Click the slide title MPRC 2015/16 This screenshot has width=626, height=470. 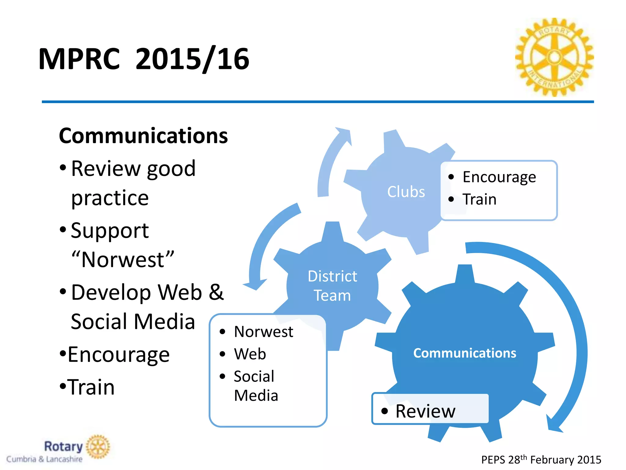tap(144, 59)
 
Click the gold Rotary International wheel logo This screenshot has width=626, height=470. tap(554, 57)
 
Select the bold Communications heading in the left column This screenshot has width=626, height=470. tap(143, 136)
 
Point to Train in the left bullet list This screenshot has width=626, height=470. tap(91, 387)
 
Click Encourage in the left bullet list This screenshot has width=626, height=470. tap(118, 354)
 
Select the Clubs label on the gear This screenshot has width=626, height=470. tap(406, 192)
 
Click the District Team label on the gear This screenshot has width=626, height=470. tap(332, 286)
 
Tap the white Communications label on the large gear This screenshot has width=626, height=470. tap(465, 353)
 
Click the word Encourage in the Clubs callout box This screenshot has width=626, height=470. tap(499, 177)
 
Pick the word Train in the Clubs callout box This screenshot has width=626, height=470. tap(479, 199)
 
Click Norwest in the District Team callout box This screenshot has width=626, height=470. tap(263, 332)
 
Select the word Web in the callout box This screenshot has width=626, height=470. tap(250, 354)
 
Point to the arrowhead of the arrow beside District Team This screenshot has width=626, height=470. tap(255, 285)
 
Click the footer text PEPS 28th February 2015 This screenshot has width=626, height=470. tap(541, 460)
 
